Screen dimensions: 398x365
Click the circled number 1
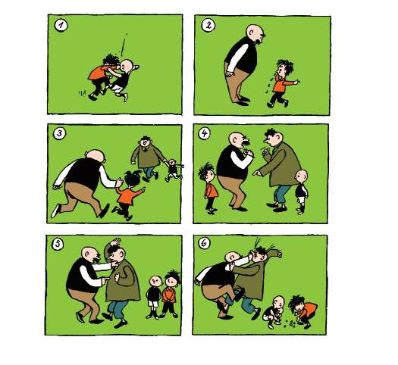[61, 26]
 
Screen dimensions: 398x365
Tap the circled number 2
[208, 25]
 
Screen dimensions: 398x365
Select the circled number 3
[59, 133]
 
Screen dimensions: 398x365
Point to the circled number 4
[205, 133]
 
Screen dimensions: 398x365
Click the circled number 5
[58, 244]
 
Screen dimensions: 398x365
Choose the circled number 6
[204, 243]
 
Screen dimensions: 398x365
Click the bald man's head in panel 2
[255, 34]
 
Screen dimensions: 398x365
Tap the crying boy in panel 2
[282, 83]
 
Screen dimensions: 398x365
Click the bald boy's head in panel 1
[127, 67]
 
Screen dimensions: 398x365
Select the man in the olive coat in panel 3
[148, 158]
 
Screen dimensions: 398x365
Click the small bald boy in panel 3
[174, 170]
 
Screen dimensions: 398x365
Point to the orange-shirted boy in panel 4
[209, 188]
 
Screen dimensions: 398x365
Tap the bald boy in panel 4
[302, 192]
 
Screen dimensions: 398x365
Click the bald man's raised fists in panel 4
[248, 153]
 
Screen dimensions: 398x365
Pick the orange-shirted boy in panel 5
[170, 294]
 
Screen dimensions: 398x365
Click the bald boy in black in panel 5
[154, 297]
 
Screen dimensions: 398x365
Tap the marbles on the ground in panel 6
[290, 323]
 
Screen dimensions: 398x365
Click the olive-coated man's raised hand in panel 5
[115, 242]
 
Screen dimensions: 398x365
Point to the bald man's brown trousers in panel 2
[237, 83]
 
